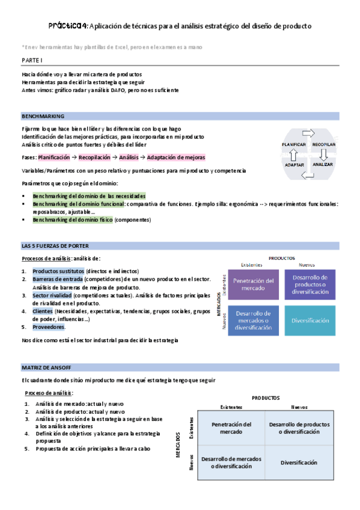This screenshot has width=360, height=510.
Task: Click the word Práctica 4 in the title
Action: coord(68,26)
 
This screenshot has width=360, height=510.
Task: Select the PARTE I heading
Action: coord(32,60)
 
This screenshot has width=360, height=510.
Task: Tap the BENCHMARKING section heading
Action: coord(43,115)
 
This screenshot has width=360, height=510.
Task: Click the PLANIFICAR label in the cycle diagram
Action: coord(294,144)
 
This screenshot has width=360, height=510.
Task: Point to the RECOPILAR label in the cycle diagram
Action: coord(323,144)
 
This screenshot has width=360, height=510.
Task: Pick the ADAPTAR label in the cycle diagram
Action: coord(294,164)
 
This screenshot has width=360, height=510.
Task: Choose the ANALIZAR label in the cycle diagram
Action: coord(323,164)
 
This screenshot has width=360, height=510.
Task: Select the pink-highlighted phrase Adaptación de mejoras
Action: coord(176,158)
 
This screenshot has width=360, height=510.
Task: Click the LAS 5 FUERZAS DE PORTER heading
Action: coord(53,246)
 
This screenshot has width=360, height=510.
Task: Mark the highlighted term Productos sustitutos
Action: coord(59,271)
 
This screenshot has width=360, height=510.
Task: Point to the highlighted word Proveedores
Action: coord(48,327)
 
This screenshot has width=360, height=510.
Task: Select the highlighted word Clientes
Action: coord(42,312)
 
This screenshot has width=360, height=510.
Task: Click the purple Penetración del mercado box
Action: coord(253,284)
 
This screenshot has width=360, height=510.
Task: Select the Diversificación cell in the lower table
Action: coord(299,462)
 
